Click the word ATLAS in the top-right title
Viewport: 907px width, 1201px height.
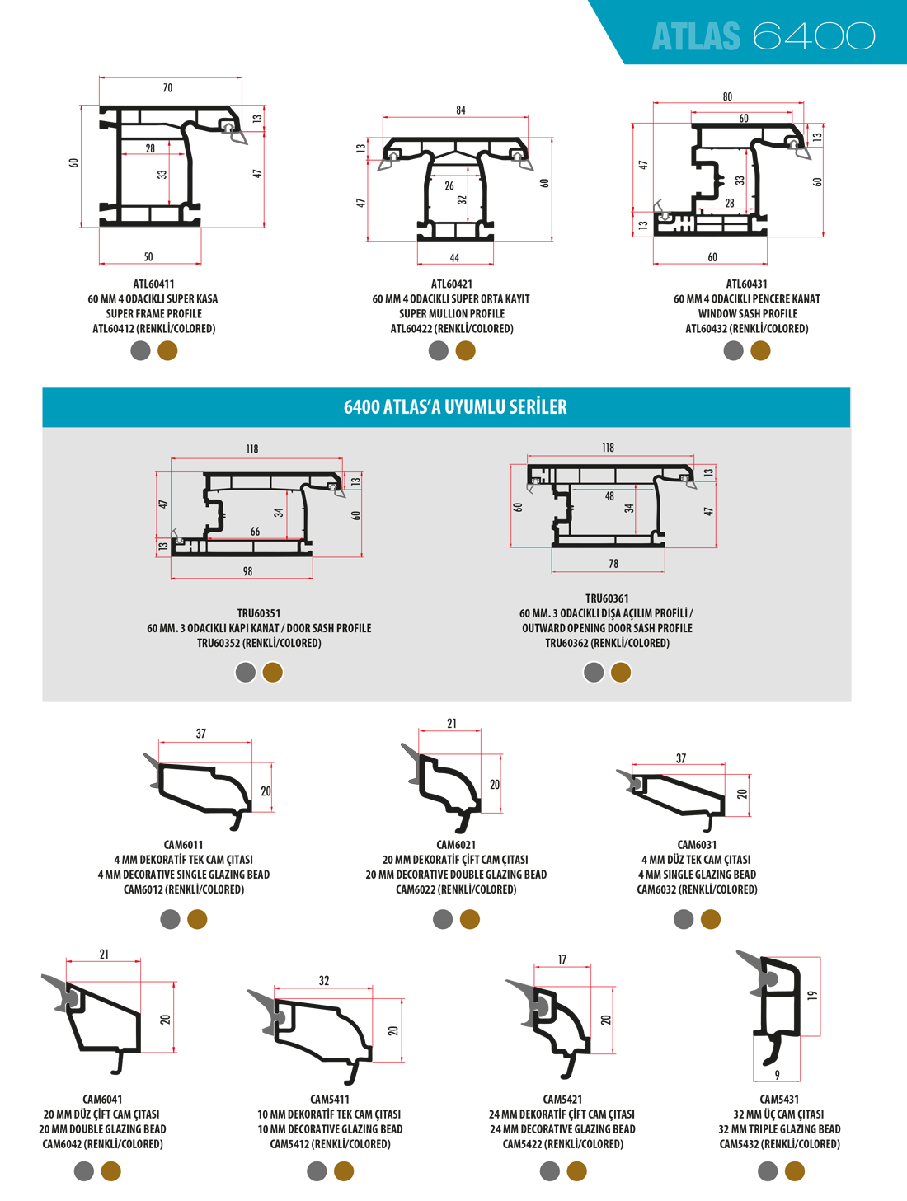coord(696,37)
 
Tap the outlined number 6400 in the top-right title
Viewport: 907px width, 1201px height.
coord(814,37)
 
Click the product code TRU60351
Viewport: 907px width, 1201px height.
coord(259,613)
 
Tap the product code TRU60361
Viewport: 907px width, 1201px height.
coord(607,598)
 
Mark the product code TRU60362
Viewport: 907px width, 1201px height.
coord(566,643)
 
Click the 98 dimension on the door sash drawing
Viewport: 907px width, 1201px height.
coord(247,571)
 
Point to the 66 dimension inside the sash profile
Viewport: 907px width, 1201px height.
coord(255,532)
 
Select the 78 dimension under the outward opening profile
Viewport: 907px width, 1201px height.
coord(613,564)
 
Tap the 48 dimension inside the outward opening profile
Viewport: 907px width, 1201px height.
coord(609,496)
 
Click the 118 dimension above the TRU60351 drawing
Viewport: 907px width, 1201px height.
coord(251,449)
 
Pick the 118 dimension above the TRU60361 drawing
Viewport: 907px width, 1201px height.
coord(608,448)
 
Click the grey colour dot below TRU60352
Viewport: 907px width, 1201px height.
coord(246,673)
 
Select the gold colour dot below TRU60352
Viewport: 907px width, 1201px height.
coord(273,673)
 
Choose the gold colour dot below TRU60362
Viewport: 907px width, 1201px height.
coord(621,673)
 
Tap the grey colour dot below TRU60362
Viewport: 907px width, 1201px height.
coord(594,673)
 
